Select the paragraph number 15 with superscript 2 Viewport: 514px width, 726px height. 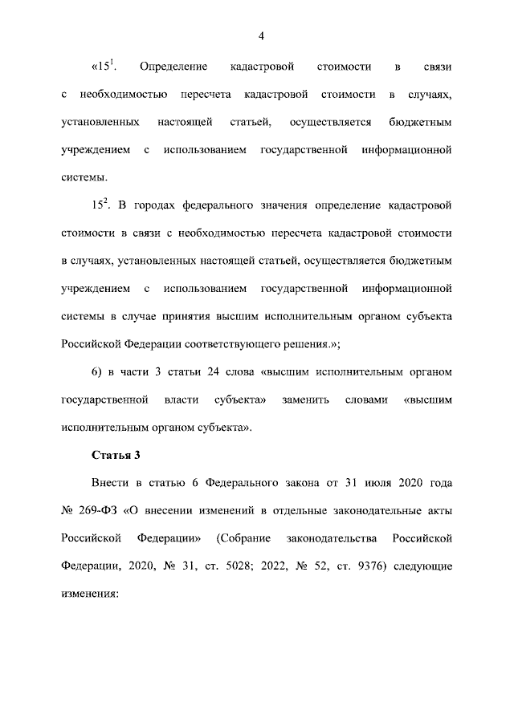coord(99,205)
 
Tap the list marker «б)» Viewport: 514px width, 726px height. coord(96,372)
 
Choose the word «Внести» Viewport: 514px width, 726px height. coord(109,484)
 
